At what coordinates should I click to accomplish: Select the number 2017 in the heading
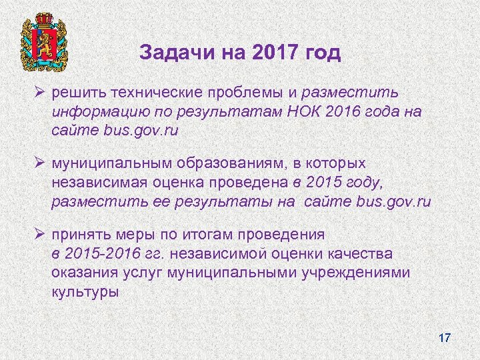tap(273, 53)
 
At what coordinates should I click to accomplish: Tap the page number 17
tap(445, 338)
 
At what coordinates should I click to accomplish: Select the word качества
tap(359, 254)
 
